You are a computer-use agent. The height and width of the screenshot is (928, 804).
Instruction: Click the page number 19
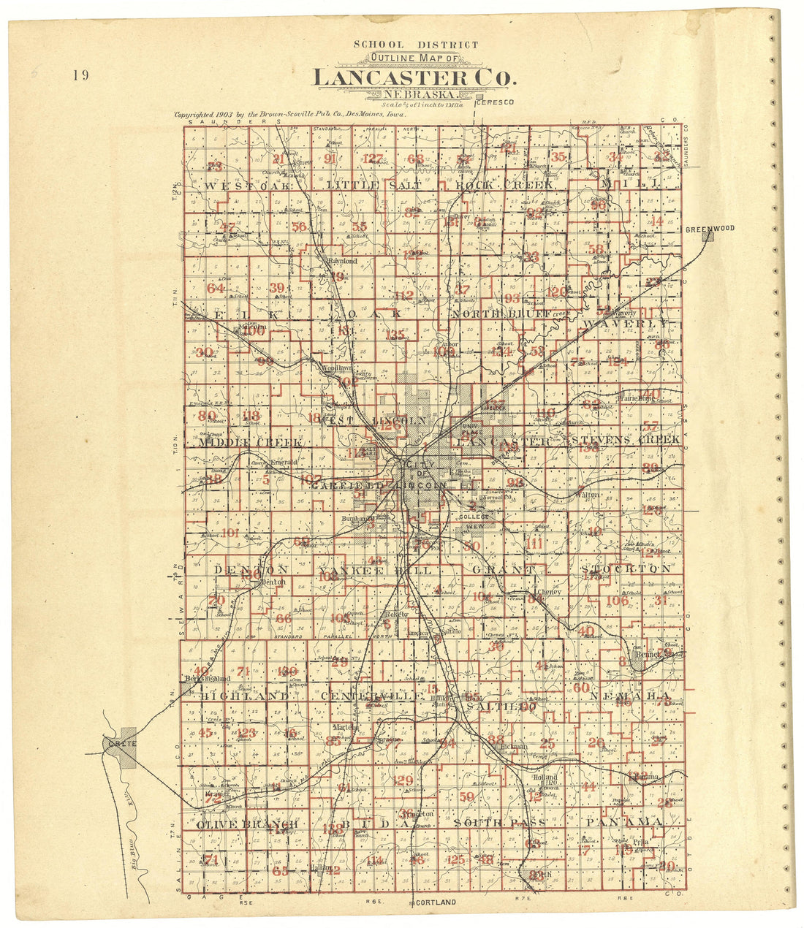click(80, 75)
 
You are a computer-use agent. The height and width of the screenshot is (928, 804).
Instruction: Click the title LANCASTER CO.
click(414, 77)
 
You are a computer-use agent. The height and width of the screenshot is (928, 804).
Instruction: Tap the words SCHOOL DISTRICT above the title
click(416, 45)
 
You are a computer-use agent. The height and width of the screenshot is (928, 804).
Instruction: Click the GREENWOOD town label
click(709, 229)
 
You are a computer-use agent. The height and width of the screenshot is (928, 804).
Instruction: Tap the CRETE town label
click(118, 743)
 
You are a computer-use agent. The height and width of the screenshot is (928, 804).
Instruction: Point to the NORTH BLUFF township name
click(500, 314)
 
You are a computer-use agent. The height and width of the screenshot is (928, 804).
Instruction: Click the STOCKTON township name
click(626, 568)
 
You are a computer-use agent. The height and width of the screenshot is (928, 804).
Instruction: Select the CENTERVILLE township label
click(371, 696)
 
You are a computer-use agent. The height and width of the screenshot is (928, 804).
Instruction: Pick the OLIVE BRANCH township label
click(246, 824)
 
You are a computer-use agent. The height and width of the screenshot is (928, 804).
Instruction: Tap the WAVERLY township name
click(625, 322)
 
